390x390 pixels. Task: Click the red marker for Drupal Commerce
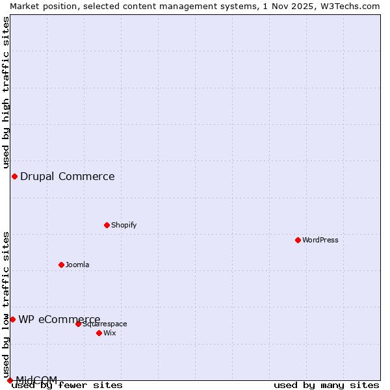click(14, 176)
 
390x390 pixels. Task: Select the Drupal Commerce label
click(67, 176)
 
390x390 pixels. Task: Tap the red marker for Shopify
click(107, 225)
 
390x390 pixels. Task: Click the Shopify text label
click(123, 225)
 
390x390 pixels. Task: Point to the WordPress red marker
click(298, 240)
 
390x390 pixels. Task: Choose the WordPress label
click(320, 240)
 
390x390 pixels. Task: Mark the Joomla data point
click(61, 265)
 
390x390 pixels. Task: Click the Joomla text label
click(77, 265)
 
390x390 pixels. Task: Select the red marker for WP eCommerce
click(12, 319)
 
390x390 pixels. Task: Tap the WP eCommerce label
click(59, 319)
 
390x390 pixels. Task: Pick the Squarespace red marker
click(78, 324)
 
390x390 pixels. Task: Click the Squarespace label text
click(105, 324)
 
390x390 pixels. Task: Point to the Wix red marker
click(99, 333)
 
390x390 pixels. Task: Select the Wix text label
click(109, 333)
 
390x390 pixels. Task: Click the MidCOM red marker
click(10, 380)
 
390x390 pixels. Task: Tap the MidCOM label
click(36, 380)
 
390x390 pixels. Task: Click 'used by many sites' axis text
click(326, 385)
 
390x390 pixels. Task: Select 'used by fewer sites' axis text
click(68, 385)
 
